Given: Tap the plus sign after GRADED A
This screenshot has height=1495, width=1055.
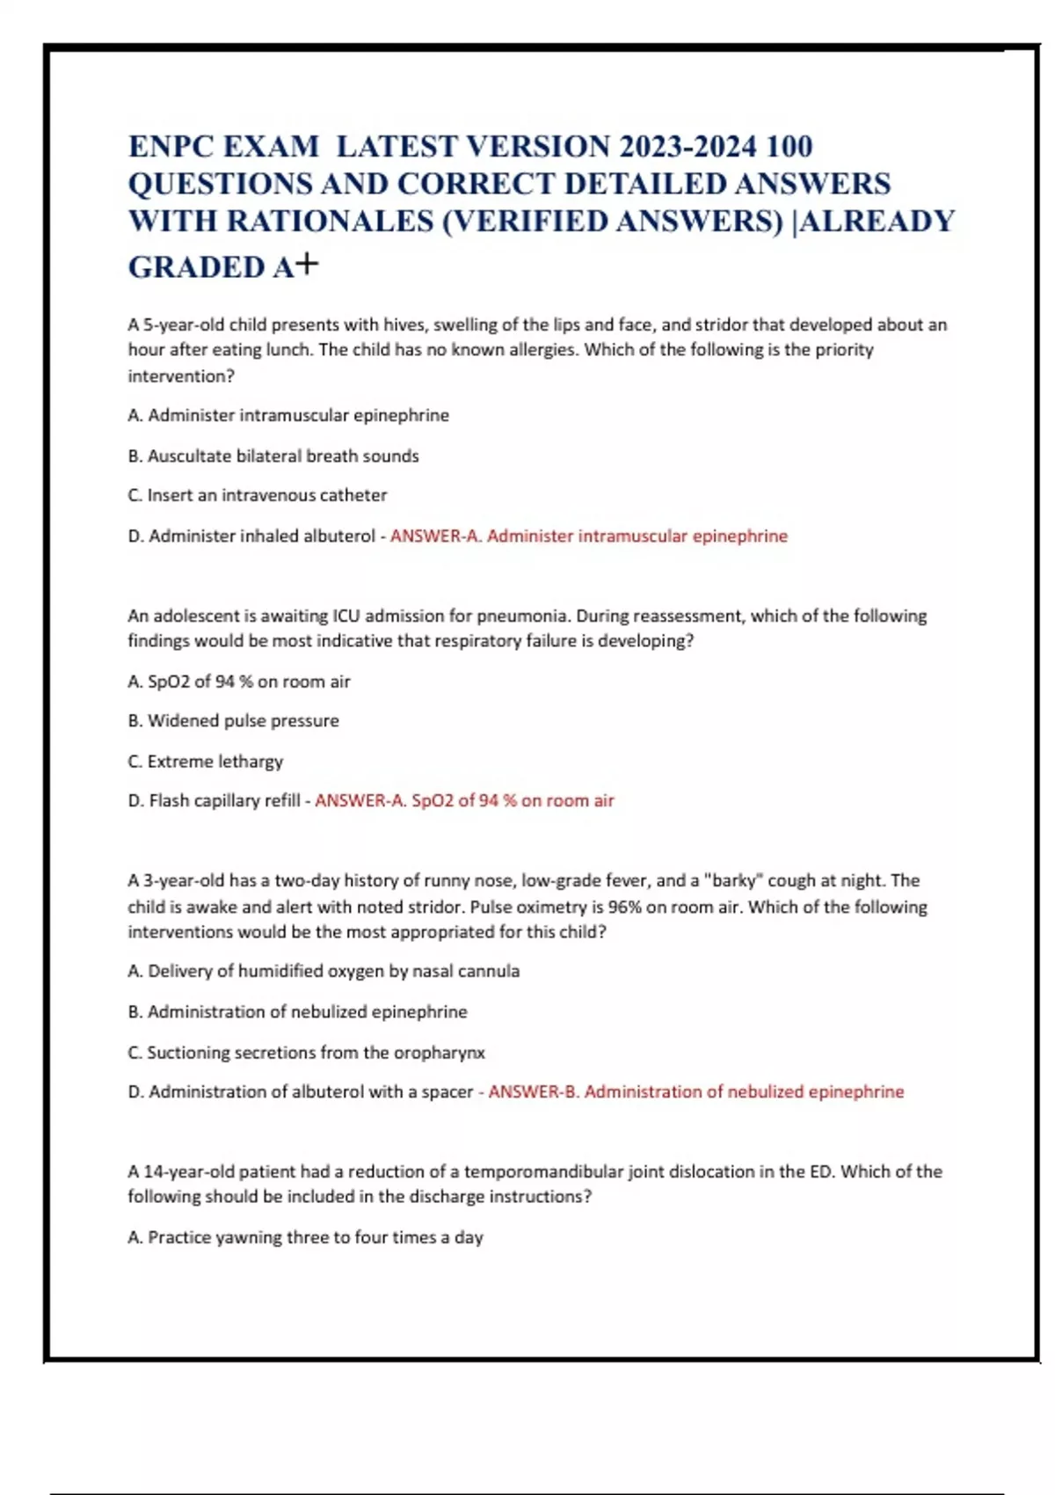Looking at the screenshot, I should click(x=308, y=264).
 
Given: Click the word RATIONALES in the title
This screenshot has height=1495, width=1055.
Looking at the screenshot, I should click(x=329, y=221).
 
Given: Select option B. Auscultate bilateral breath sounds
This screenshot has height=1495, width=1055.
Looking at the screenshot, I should click(x=273, y=456).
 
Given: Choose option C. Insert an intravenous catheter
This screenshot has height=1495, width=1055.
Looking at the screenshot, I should click(x=257, y=495).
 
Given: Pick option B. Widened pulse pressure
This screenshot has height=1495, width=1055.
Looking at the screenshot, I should click(x=233, y=720).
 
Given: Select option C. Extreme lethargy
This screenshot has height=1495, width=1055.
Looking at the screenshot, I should click(x=205, y=761).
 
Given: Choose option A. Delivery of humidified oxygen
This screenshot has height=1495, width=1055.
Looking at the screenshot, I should click(x=324, y=971).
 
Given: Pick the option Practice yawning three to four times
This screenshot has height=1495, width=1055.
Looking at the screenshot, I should click(x=305, y=1237).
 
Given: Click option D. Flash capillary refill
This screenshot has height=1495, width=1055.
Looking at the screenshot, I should click(x=214, y=800).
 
